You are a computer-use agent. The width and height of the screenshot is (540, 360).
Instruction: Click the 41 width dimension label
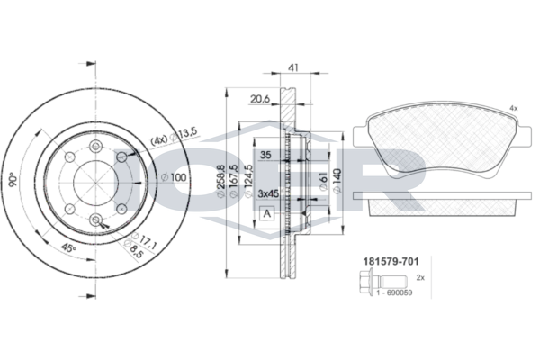pos(292,67)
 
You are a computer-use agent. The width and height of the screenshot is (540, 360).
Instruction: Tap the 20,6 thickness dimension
pos(260,99)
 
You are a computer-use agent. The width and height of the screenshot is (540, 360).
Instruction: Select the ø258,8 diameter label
pos(220,182)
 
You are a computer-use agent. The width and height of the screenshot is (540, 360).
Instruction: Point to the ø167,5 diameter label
pos(234,182)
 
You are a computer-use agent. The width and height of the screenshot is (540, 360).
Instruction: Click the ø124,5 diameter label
pos(249,182)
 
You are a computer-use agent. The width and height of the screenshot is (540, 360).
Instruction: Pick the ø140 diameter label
pos(337,181)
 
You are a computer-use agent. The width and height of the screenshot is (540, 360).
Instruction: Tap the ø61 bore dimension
pos(323,182)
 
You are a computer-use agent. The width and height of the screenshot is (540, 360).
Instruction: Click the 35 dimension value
pos(265,155)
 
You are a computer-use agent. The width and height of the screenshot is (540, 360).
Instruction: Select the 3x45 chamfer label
pos(268,194)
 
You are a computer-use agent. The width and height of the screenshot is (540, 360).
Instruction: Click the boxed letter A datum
pos(266,213)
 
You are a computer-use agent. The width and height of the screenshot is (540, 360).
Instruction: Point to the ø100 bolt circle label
pos(174,178)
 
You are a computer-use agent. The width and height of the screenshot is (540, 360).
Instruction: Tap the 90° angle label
pos(13,180)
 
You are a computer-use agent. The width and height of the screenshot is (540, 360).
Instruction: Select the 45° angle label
pos(68,247)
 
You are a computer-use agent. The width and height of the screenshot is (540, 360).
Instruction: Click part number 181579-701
pos(391,262)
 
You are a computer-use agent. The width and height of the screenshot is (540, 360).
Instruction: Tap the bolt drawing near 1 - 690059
pos(382,283)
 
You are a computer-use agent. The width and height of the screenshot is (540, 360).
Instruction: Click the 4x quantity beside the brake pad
pos(514,109)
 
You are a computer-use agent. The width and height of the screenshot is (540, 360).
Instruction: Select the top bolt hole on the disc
pos(95,147)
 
